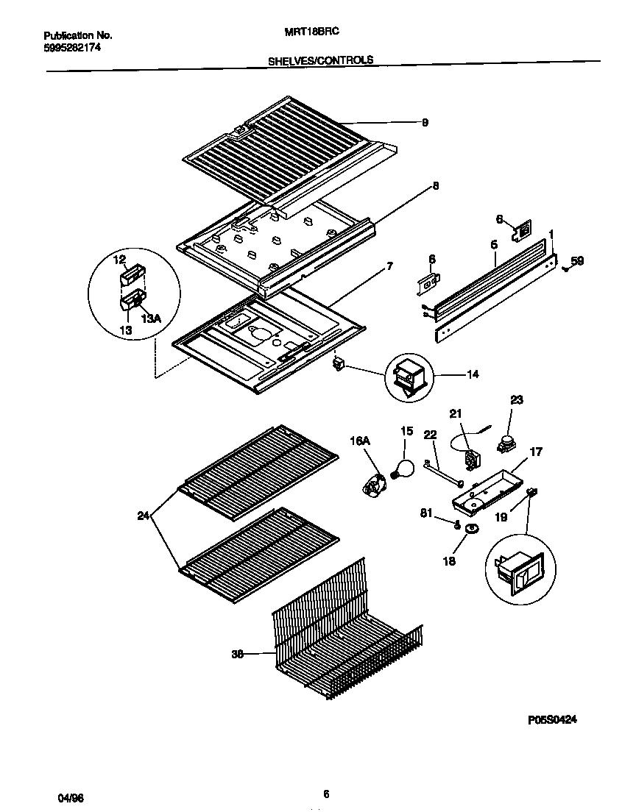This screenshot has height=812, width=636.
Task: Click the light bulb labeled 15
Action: [x=403, y=469]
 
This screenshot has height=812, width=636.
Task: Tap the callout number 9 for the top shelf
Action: [x=425, y=123]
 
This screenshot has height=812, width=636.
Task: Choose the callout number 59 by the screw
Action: [x=577, y=260]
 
